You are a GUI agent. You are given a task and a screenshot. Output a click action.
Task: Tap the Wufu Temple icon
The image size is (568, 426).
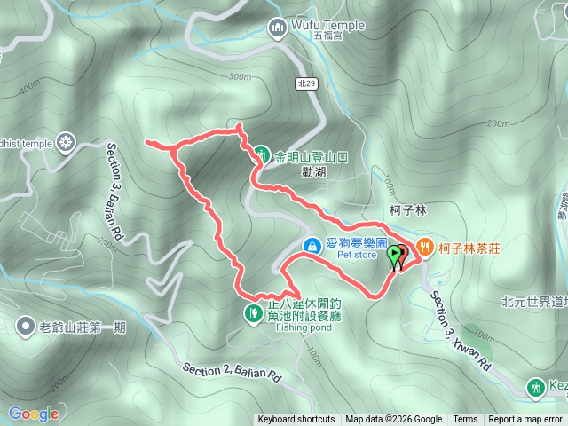pos(277,27)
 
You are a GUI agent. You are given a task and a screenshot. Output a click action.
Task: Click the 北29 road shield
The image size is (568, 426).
pos(305,83)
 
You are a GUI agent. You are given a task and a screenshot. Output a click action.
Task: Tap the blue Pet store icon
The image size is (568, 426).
pos(312,245)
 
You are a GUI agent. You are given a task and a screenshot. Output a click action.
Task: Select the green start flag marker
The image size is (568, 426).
pos(394,256)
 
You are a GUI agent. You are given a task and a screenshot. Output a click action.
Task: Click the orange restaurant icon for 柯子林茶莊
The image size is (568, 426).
pos(424,247)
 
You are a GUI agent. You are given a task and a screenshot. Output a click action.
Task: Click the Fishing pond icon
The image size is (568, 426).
pos(253,312)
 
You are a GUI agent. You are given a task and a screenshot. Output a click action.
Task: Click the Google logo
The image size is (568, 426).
pos(33,414)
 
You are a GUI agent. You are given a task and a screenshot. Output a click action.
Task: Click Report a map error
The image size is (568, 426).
pos(525,420)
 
